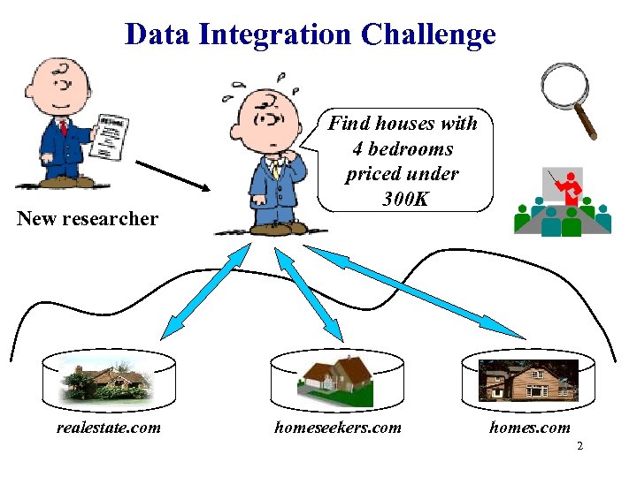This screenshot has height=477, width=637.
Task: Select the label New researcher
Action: point(88,219)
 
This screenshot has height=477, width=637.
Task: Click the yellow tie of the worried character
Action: point(276,168)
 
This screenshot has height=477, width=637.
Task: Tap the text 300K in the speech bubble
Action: point(406,199)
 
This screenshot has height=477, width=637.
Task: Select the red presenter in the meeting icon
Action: point(568,186)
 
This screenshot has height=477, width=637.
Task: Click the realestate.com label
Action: point(109,428)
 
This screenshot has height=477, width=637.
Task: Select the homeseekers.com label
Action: point(337,428)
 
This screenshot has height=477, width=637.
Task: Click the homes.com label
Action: point(530,428)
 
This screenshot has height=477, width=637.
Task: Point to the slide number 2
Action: point(579,446)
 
